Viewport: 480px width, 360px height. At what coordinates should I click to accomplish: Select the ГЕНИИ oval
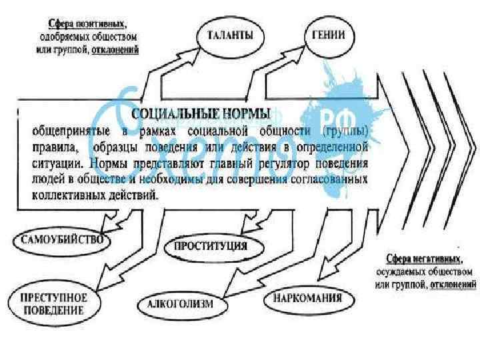[329, 35]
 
